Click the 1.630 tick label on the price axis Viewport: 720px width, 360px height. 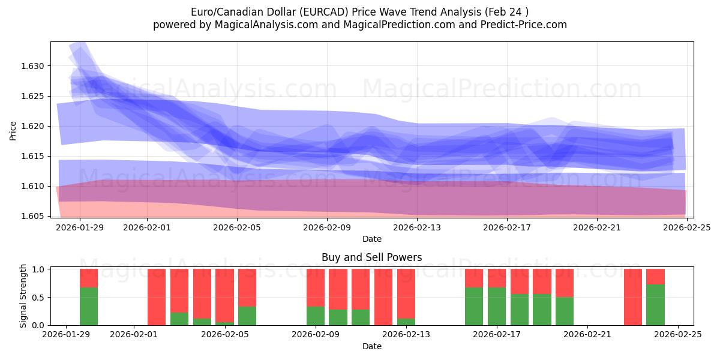35,66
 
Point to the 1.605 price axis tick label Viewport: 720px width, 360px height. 35,216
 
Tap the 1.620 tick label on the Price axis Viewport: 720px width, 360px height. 35,126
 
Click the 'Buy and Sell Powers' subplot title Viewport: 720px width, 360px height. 371,257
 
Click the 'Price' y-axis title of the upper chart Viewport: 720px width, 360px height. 13,130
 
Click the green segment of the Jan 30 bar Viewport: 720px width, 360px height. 89,306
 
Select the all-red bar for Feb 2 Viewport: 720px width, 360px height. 157,297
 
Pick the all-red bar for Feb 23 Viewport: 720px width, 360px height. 633,297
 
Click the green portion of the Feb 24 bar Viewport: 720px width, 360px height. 655,305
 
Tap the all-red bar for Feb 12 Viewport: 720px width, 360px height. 383,297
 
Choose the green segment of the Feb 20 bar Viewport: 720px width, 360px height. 565,311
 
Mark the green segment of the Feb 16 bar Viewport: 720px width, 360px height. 474,306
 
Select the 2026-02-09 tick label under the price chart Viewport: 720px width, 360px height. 327,227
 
